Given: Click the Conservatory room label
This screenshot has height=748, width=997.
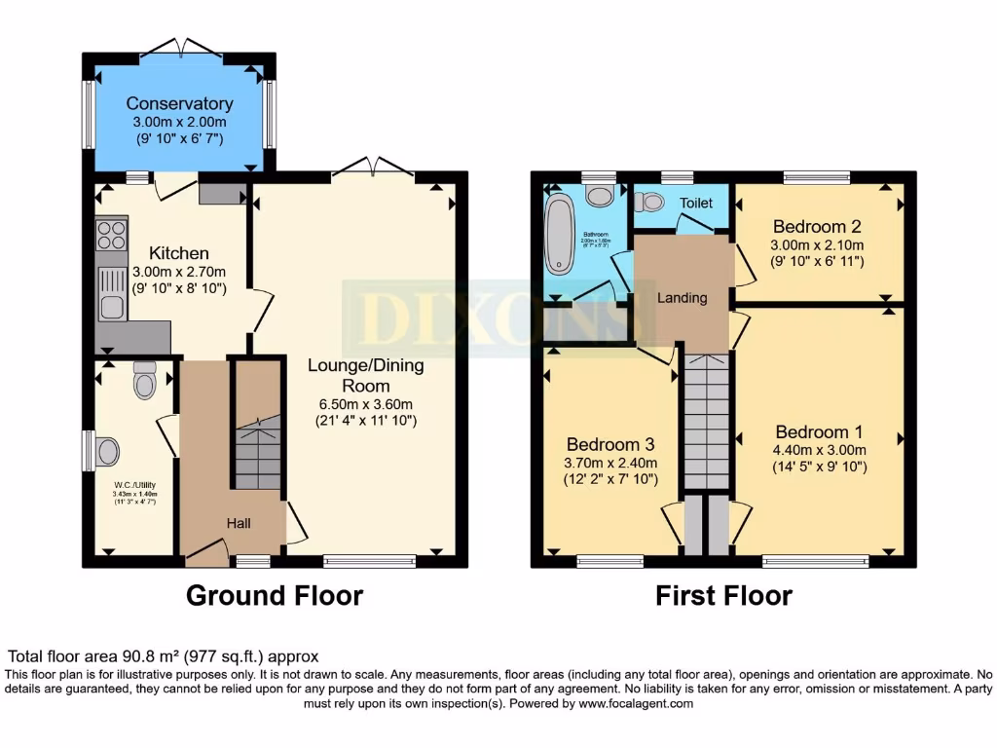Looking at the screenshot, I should (179, 103).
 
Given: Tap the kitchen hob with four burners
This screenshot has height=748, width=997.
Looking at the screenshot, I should (112, 236).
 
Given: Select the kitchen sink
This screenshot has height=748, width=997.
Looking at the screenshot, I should (111, 295).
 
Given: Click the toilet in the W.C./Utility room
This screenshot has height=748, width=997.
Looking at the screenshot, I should (145, 381).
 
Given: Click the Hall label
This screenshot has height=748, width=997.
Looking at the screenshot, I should (239, 523).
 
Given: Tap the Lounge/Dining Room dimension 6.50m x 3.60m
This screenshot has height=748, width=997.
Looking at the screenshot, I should (362, 404).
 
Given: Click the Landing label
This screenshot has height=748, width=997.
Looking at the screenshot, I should (682, 298).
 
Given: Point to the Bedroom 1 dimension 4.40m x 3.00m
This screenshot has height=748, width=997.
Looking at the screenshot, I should (819, 449).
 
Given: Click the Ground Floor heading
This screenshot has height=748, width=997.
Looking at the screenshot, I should (275, 595).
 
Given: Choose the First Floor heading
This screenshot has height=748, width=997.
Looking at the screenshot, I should (723, 595).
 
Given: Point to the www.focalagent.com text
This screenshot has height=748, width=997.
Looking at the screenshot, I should (636, 703).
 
